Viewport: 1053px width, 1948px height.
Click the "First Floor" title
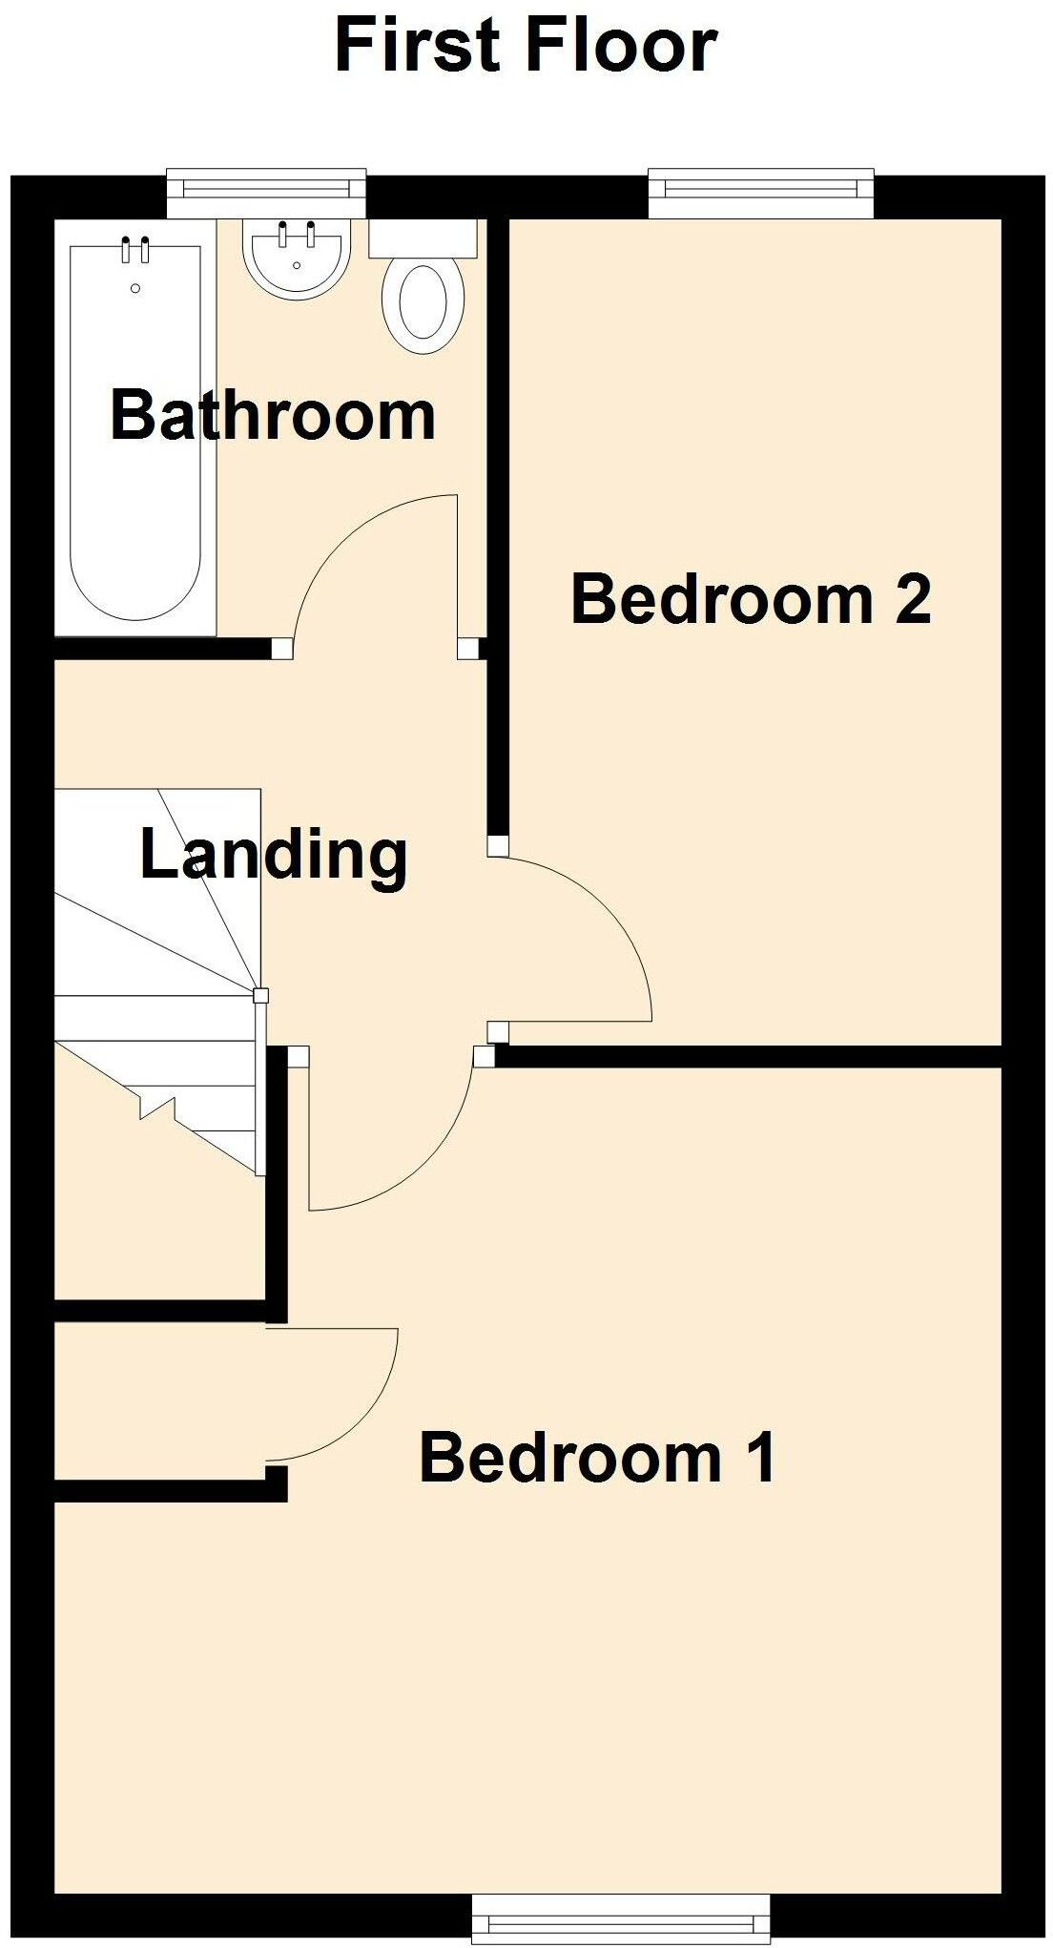click(526, 46)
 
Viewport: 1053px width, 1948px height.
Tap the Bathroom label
click(273, 415)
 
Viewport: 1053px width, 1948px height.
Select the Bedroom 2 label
click(751, 599)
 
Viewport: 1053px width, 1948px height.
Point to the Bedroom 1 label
click(598, 1458)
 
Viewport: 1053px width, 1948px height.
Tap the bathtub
click(135, 429)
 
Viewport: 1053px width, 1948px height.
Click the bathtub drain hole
click(135, 288)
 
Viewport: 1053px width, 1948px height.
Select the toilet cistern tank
click(423, 238)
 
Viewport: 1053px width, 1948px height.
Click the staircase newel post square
click(260, 996)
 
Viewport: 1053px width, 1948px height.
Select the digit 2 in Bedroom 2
click(913, 599)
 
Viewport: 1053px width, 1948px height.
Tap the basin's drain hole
click(297, 265)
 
